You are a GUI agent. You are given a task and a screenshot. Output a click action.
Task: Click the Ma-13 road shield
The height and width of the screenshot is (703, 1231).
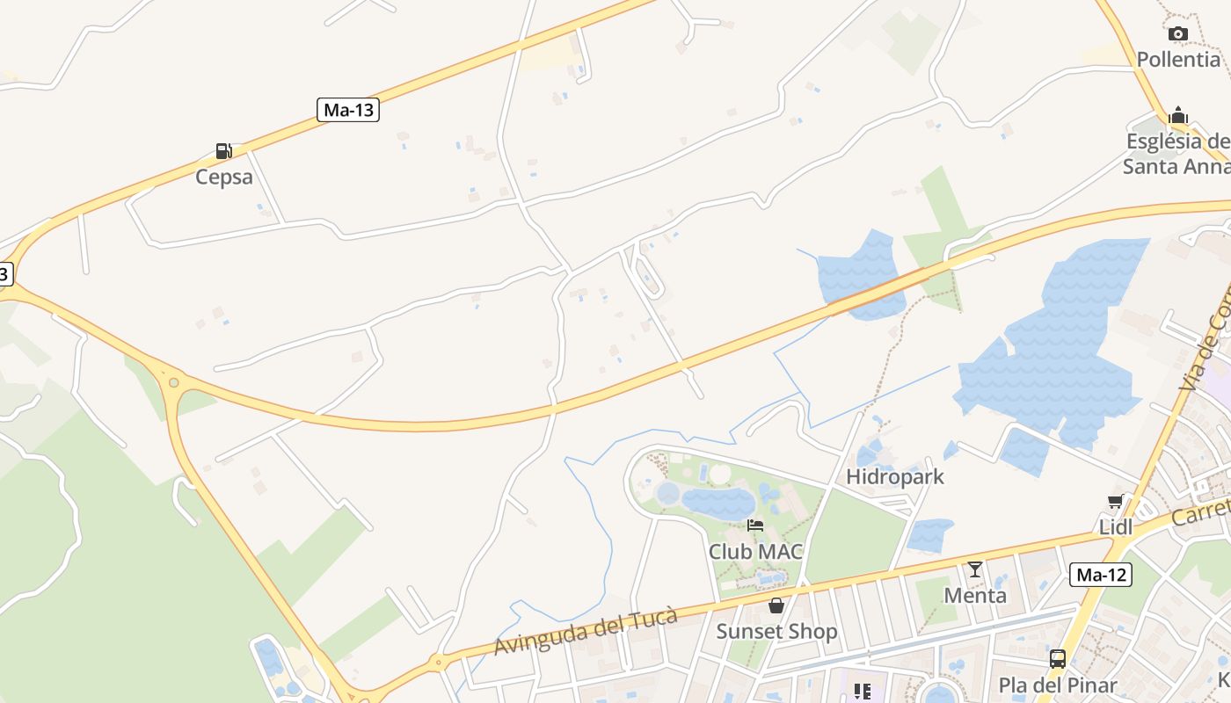(x=348, y=110)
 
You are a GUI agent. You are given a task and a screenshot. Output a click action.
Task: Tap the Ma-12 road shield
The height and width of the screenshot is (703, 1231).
(x=1101, y=575)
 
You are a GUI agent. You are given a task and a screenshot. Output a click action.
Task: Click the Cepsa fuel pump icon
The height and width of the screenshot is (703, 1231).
(x=224, y=151)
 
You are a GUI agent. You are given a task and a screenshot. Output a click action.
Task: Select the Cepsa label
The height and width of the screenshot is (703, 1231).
(x=224, y=177)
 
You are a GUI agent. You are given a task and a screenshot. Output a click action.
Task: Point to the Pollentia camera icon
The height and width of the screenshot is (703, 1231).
(x=1178, y=34)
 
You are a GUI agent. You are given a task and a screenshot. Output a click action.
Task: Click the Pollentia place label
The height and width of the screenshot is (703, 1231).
(x=1178, y=60)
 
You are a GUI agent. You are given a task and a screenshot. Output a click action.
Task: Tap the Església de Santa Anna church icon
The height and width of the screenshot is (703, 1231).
(x=1178, y=116)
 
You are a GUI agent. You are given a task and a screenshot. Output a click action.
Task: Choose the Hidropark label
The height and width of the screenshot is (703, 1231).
(x=895, y=477)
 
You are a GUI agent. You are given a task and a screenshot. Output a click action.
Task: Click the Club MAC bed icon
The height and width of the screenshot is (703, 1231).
(x=755, y=526)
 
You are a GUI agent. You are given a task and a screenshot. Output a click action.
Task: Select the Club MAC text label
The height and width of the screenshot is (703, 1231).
(x=756, y=552)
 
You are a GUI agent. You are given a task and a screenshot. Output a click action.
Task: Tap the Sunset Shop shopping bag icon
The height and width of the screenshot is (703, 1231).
(x=776, y=605)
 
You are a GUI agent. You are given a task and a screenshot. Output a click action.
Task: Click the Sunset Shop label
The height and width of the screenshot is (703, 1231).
(x=776, y=631)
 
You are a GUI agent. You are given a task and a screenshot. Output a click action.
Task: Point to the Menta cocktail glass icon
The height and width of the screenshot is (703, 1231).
(x=975, y=569)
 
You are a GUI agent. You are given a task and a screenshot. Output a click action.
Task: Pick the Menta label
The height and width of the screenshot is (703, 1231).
(x=975, y=595)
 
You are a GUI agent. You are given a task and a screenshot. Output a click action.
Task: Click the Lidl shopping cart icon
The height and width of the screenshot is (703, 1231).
(x=1116, y=502)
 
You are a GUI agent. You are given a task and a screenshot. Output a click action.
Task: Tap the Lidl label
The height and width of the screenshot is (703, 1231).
(x=1116, y=527)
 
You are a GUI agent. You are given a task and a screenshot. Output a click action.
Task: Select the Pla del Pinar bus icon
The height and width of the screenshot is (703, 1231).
(x=1058, y=659)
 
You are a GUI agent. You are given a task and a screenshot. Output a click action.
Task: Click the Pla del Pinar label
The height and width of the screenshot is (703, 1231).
(x=1058, y=685)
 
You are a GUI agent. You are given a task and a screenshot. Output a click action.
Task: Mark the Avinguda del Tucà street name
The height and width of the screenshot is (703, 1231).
(x=586, y=632)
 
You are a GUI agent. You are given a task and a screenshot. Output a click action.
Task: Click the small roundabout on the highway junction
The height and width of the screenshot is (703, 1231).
(x=174, y=382)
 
